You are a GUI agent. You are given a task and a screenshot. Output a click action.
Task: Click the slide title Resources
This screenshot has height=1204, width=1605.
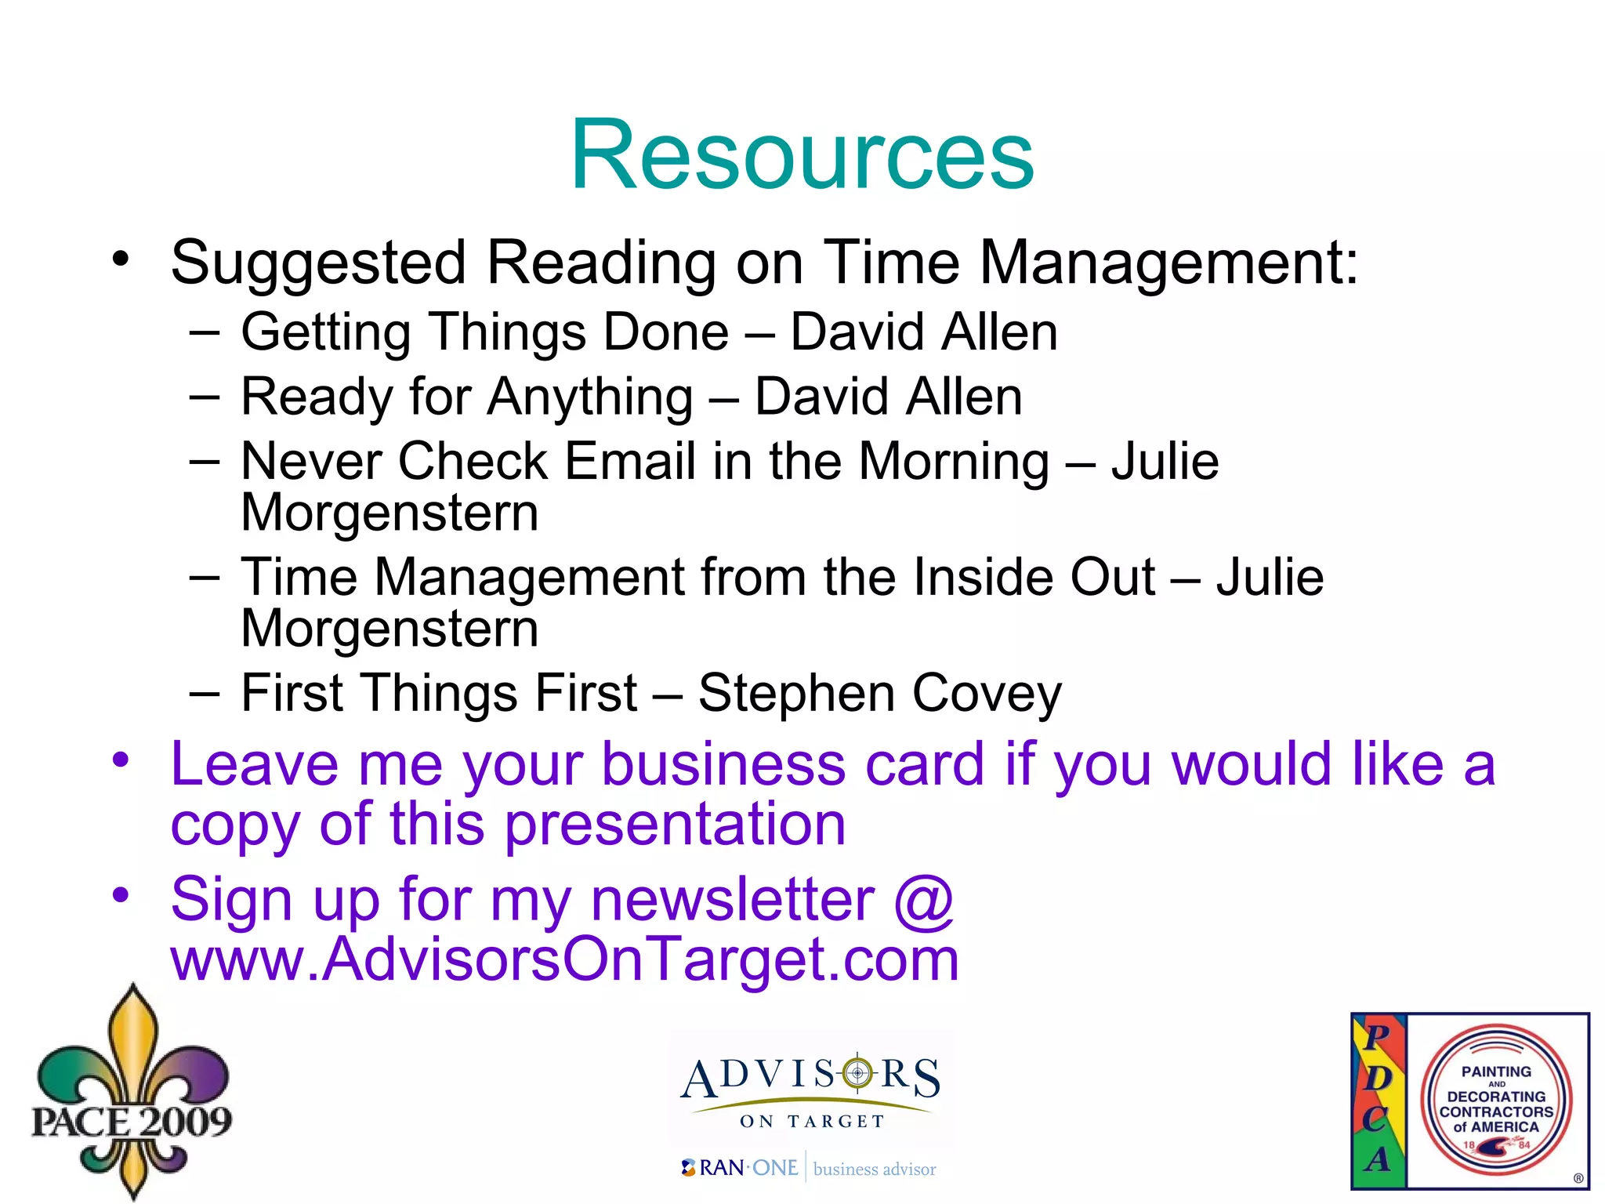pyautogui.click(x=802, y=154)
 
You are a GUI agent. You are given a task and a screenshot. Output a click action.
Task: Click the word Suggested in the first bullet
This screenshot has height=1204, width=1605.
pyautogui.click(x=318, y=263)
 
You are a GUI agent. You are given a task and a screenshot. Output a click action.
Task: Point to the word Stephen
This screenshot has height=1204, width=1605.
pyautogui.click(x=795, y=694)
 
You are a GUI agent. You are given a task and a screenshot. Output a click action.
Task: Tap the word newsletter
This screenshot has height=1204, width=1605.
pyautogui.click(x=732, y=900)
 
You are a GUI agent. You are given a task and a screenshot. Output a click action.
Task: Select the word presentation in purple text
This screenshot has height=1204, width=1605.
pyautogui.click(x=675, y=825)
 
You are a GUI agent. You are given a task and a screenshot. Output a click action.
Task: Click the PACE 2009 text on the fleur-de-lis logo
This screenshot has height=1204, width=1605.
pyautogui.click(x=132, y=1121)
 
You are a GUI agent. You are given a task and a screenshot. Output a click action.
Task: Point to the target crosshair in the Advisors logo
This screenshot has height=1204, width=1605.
pyautogui.click(x=857, y=1072)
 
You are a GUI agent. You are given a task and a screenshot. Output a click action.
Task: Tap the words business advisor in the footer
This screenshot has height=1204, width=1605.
pyautogui.click(x=874, y=1170)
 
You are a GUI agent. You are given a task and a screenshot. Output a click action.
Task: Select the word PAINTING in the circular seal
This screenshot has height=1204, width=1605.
pyautogui.click(x=1495, y=1072)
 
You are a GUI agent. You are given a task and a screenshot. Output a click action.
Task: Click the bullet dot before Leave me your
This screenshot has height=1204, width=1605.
pyautogui.click(x=120, y=759)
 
